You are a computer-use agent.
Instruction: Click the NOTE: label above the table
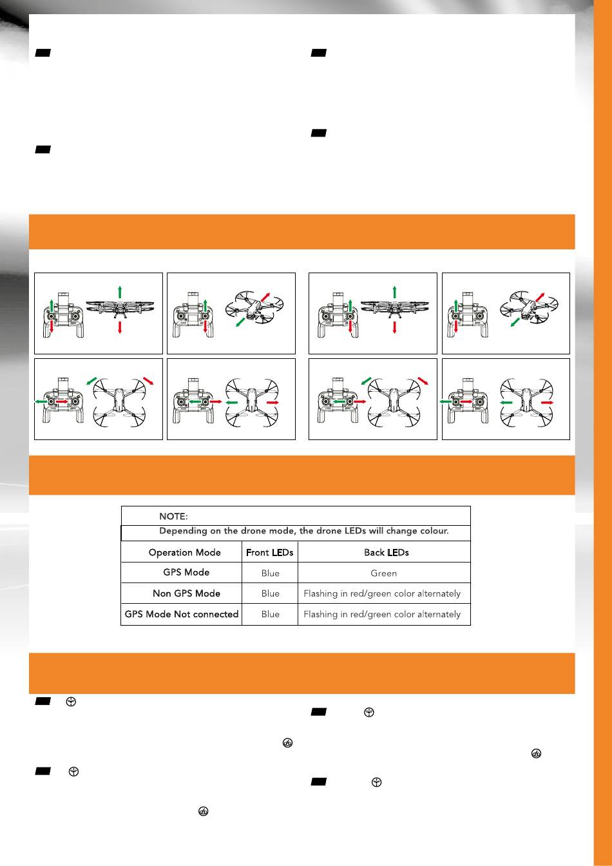[173, 517]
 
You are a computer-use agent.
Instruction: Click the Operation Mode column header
[184, 552]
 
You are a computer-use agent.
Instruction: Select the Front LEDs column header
[269, 552]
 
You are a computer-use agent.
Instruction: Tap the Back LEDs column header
[387, 552]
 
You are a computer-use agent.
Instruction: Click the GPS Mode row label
[186, 572]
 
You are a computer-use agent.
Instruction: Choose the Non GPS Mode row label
[186, 593]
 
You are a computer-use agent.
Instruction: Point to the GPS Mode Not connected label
[181, 614]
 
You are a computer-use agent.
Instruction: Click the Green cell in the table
[383, 573]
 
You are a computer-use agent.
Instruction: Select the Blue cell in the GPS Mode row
[270, 573]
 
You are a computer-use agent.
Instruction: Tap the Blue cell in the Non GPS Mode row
[270, 593]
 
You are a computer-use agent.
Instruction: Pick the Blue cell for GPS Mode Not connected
[270, 614]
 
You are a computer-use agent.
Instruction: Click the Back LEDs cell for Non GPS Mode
[382, 593]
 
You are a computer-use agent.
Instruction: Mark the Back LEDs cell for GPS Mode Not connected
[382, 614]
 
